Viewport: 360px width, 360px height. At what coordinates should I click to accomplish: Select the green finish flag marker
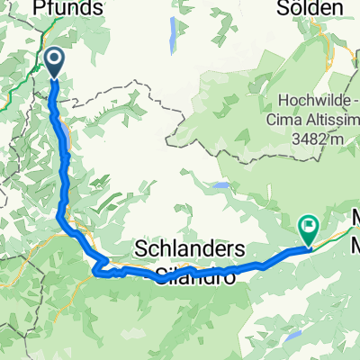(x=309, y=229)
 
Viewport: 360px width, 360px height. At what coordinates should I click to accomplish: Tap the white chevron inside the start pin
(x=55, y=61)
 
